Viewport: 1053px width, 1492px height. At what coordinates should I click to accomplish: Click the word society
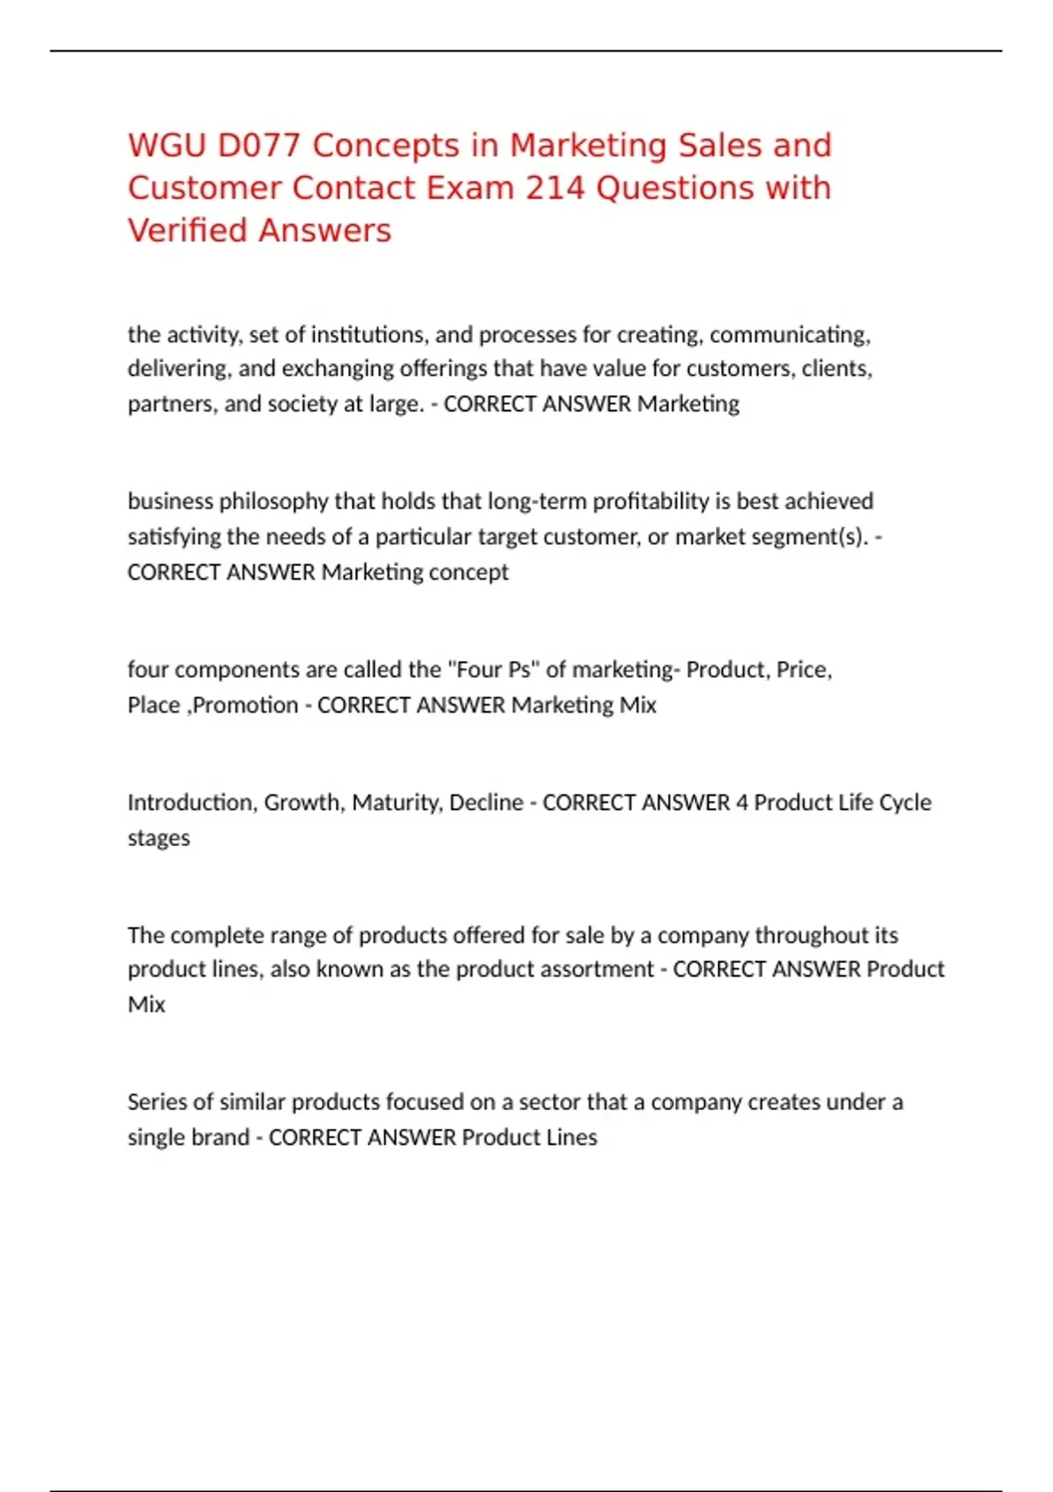[x=302, y=404]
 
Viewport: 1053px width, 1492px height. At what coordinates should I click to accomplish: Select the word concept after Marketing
[x=469, y=572]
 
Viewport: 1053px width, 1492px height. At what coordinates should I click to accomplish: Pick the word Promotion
[x=245, y=705]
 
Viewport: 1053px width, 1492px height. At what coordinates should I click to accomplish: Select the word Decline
[x=485, y=802]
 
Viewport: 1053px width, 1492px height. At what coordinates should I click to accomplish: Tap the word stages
[x=159, y=838]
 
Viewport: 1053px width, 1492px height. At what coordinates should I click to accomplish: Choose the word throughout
[x=799, y=935]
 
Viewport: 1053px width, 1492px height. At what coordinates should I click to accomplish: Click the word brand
[x=226, y=1137]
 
